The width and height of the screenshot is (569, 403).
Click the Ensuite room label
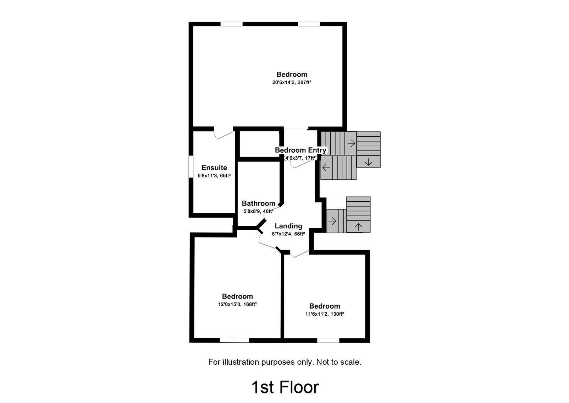[x=214, y=168]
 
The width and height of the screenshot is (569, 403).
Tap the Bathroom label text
[x=258, y=203]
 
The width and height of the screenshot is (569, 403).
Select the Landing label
[x=288, y=226]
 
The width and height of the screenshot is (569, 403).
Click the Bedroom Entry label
[x=300, y=150]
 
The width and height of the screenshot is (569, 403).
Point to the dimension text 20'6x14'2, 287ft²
[x=292, y=82]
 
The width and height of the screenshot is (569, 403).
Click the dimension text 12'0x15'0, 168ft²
[x=237, y=304]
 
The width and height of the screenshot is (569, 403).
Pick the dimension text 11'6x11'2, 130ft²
[x=325, y=314]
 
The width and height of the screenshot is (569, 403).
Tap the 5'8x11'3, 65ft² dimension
[x=214, y=175]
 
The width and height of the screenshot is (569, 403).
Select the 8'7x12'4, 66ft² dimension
[x=288, y=234]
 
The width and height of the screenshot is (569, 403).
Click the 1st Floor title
[x=285, y=387]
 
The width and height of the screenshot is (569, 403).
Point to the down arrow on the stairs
[x=368, y=162]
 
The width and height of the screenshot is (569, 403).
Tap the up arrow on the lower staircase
[x=358, y=226]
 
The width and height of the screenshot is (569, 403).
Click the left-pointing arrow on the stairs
[x=326, y=168]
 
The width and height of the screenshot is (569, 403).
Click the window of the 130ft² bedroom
[x=328, y=340]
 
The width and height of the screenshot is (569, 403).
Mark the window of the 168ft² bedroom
[x=234, y=340]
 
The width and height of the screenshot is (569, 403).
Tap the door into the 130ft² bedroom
[x=300, y=254]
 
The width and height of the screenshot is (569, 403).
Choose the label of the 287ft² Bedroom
[x=292, y=74]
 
